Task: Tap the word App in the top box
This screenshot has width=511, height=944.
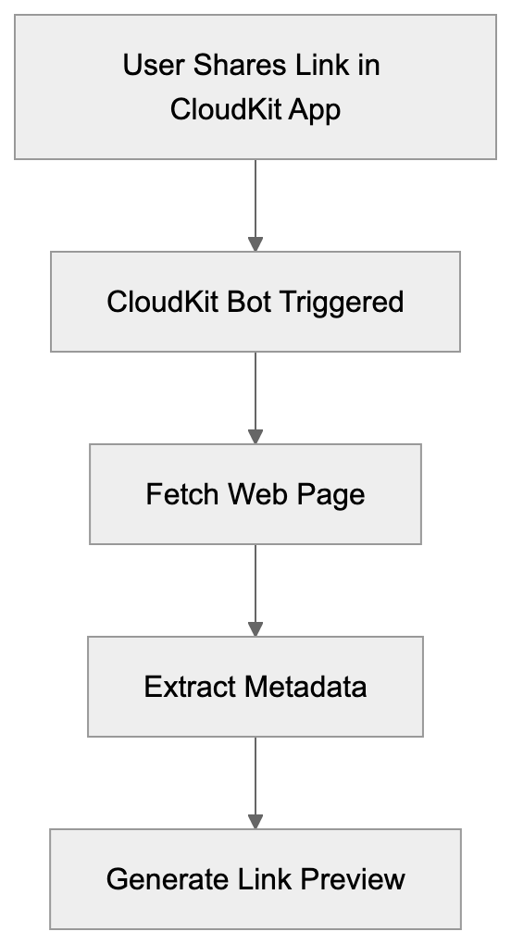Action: click(x=315, y=110)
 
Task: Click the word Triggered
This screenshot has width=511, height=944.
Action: click(x=347, y=303)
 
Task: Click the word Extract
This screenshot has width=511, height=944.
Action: click(x=190, y=687)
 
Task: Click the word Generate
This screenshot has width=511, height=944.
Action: click(x=164, y=879)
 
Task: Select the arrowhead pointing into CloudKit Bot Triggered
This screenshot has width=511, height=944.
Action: click(x=255, y=243)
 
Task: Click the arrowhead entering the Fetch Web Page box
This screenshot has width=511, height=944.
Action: click(x=255, y=436)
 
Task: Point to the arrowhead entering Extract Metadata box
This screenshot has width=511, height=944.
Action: click(x=255, y=628)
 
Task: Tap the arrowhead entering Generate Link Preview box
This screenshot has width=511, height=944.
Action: click(x=255, y=821)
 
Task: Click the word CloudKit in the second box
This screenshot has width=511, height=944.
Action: click(x=163, y=302)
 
